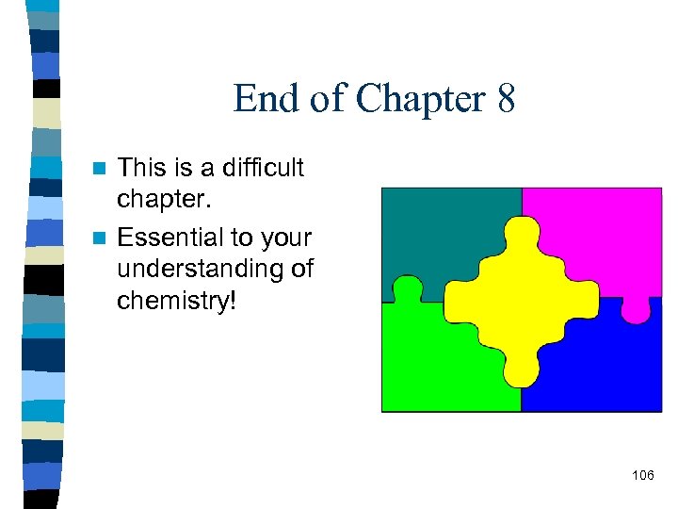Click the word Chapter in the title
[407, 98]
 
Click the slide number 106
[643, 474]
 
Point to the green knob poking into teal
[407, 288]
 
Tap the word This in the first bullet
[142, 168]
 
